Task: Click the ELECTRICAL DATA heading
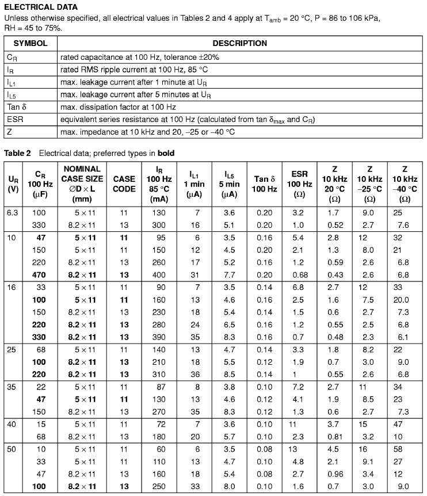coord(41,7)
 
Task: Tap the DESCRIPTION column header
coord(240,43)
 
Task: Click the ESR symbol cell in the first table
coord(15,119)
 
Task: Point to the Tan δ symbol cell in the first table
coord(16,106)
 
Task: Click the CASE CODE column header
coord(124,184)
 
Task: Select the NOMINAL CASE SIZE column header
coord(82,184)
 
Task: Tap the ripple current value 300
coord(160,225)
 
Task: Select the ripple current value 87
coord(160,387)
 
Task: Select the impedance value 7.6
coord(403,225)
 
